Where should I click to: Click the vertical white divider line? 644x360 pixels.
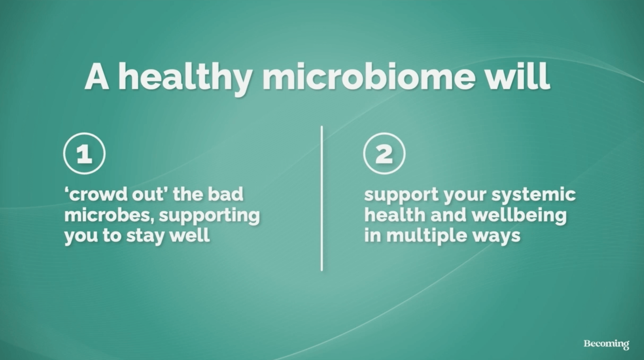point(322,198)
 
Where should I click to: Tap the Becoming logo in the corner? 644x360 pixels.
point(606,344)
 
